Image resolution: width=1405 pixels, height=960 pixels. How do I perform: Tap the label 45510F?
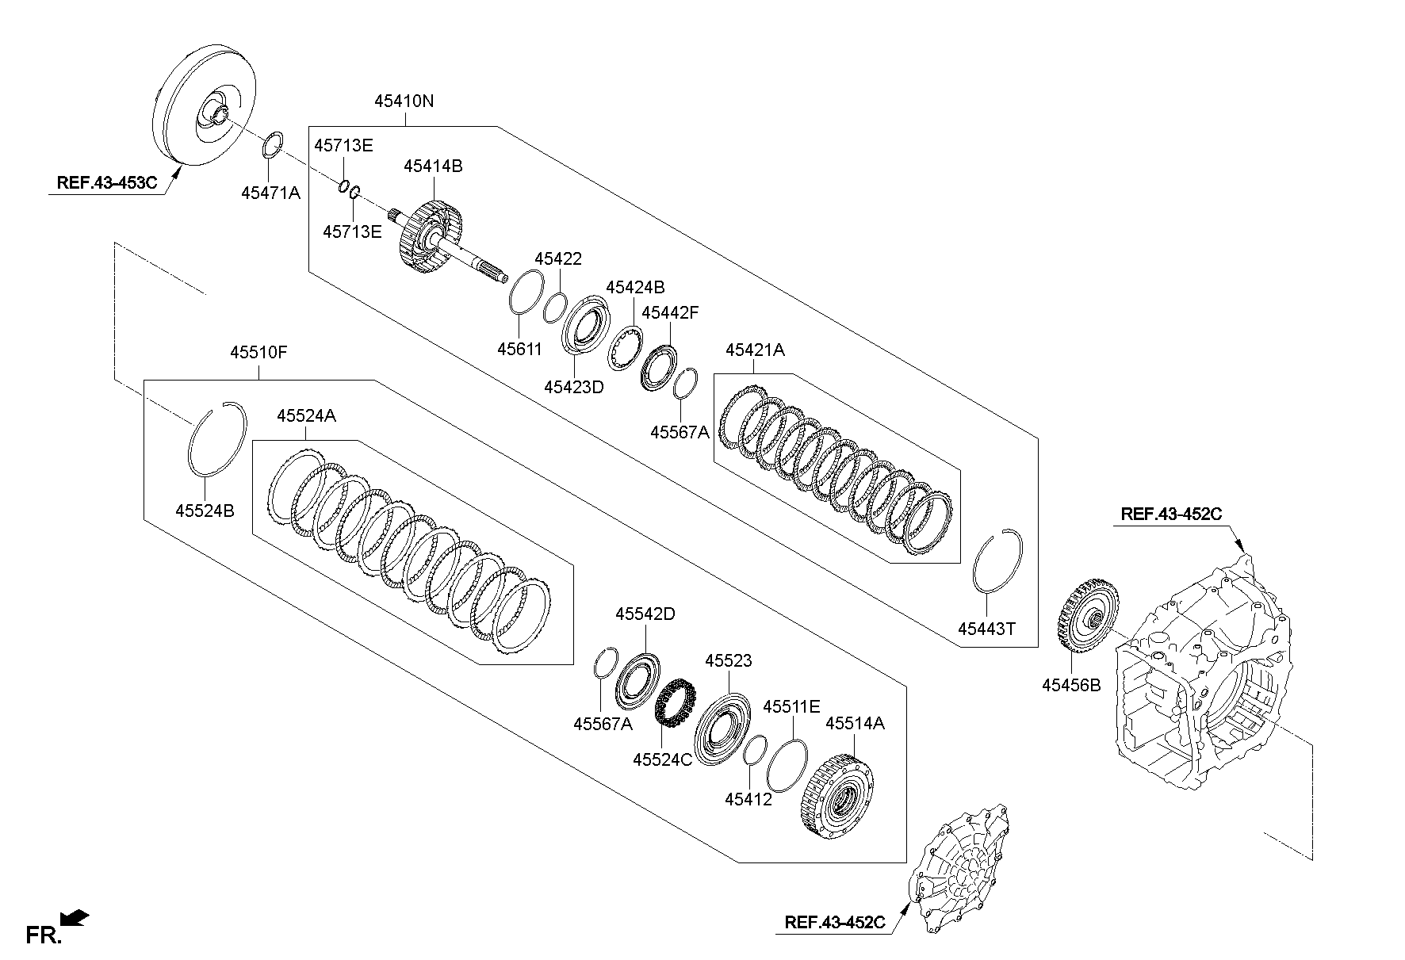258,353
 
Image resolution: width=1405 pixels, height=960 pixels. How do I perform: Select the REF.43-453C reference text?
107,182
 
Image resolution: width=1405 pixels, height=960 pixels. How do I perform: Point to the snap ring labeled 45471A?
272,147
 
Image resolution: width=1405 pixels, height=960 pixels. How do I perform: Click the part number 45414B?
433,166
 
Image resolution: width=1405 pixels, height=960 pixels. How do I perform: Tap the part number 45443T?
986,629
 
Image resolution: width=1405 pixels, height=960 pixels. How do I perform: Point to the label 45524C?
662,759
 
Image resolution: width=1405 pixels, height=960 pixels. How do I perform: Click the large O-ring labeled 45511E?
787,765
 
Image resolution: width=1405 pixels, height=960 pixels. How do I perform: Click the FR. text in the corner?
44,935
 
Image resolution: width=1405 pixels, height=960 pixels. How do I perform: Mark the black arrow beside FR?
76,919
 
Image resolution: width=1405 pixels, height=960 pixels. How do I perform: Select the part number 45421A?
755,350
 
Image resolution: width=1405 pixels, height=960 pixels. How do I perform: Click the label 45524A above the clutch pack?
306,415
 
